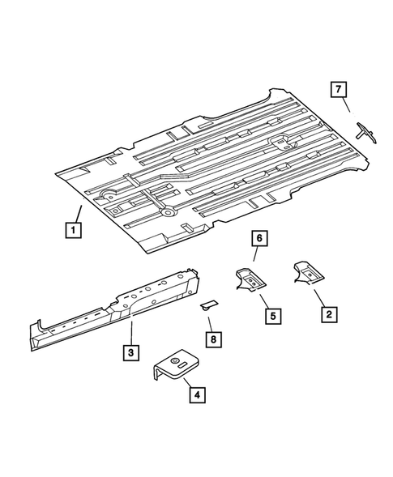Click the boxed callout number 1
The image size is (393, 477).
[x=73, y=230]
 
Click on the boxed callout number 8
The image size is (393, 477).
[x=212, y=340]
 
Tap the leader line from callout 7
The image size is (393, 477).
[x=347, y=105]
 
